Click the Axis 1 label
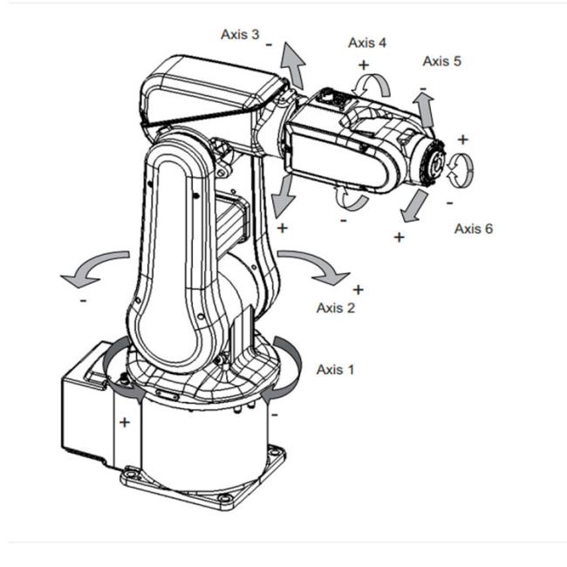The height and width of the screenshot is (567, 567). tap(335, 370)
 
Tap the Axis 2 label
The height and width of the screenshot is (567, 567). tap(336, 308)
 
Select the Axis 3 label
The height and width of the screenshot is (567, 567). tap(240, 34)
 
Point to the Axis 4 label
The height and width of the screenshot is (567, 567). tap(367, 43)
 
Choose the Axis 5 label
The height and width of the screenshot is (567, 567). tap(442, 61)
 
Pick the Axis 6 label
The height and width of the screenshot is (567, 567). tap(474, 229)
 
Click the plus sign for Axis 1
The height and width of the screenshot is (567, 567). tap(125, 422)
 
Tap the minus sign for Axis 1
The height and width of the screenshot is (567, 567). tap(275, 414)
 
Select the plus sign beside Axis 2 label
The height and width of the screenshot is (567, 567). tap(358, 290)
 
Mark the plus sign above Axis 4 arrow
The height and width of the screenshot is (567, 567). tap(364, 65)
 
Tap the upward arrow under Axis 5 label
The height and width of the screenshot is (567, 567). tap(425, 109)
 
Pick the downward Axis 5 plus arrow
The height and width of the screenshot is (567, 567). tap(414, 206)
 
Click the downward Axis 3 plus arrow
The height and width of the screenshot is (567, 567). tap(283, 195)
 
